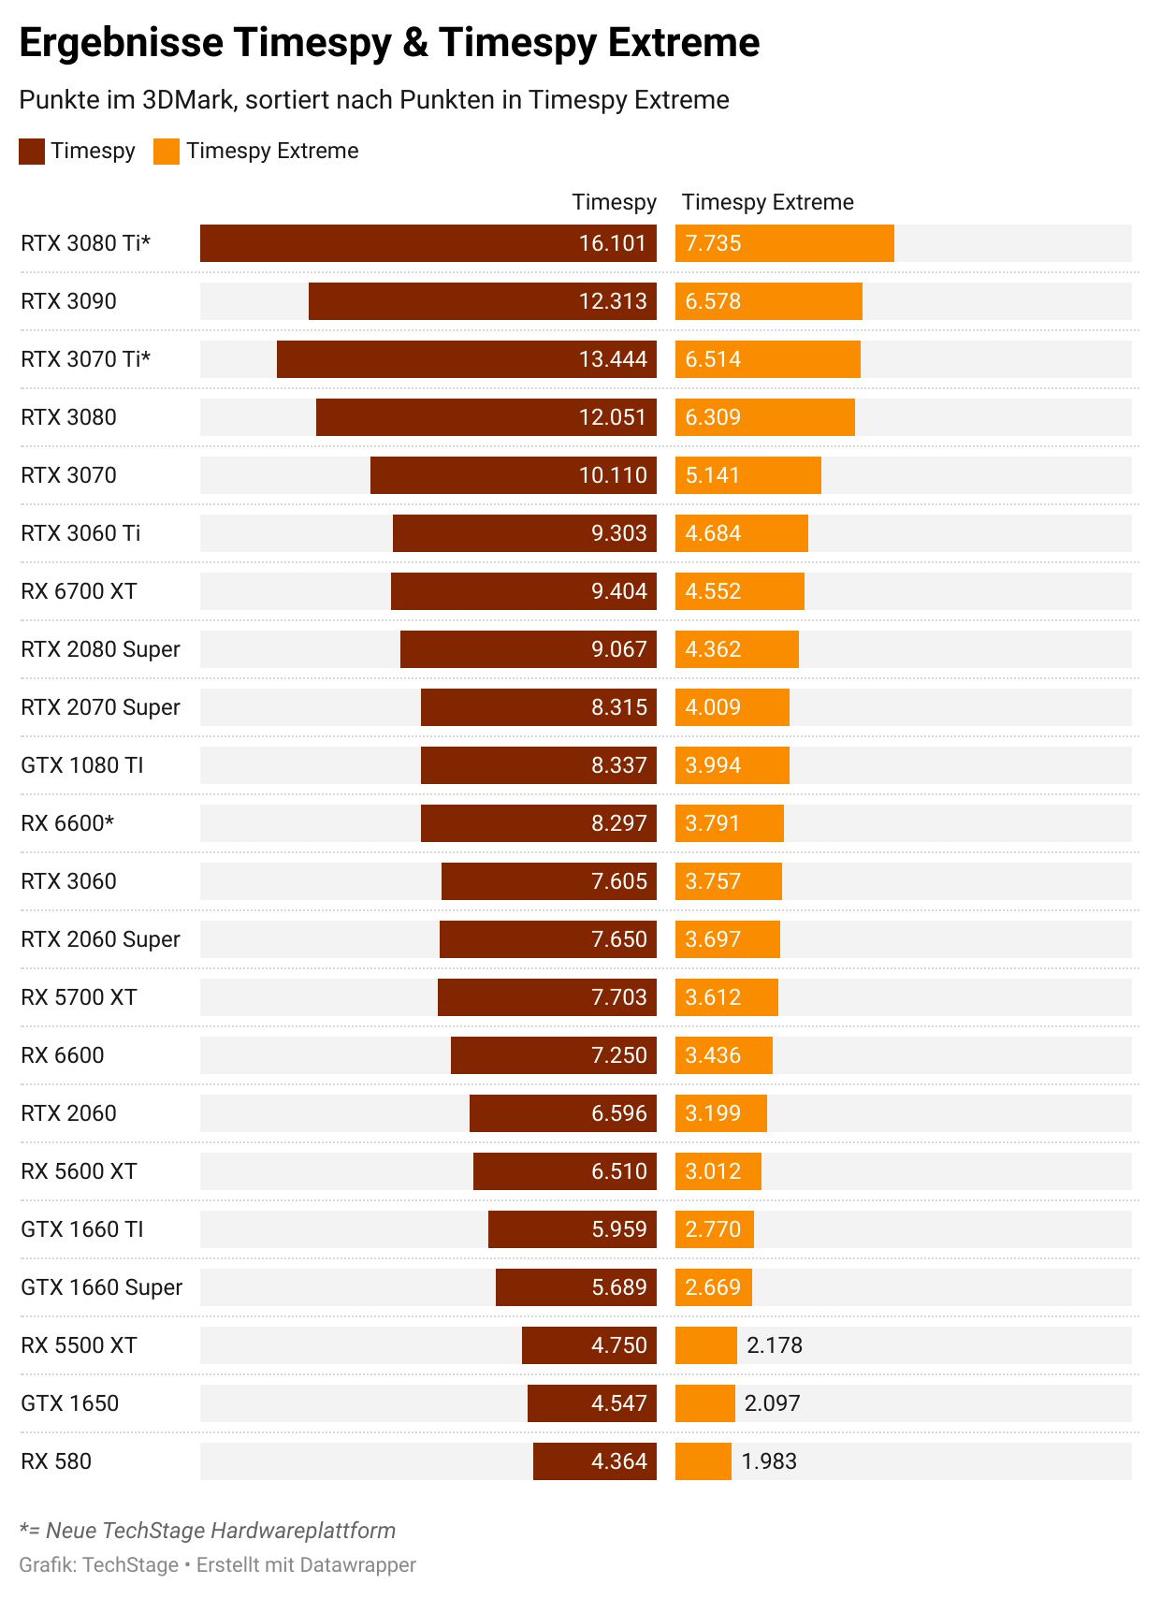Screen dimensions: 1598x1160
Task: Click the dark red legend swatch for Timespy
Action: click(x=32, y=152)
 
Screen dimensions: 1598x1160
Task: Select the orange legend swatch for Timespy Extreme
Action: click(x=167, y=152)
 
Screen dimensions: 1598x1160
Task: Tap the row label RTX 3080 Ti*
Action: click(x=85, y=243)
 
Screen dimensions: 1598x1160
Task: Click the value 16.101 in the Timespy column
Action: click(x=612, y=243)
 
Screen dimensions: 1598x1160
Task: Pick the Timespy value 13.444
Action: click(x=612, y=359)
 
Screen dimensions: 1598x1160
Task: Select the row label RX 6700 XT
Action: click(x=79, y=591)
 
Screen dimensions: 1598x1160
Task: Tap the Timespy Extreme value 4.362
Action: click(x=713, y=649)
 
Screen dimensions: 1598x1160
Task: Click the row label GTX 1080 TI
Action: click(x=82, y=765)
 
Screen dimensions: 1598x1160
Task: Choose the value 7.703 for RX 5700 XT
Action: click(x=618, y=997)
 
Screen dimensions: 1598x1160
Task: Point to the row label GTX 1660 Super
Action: click(x=101, y=1287)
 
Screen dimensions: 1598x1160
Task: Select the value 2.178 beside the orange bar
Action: click(x=774, y=1345)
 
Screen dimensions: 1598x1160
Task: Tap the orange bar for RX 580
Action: click(x=703, y=1461)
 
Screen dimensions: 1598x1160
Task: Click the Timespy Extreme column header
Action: click(x=767, y=202)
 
